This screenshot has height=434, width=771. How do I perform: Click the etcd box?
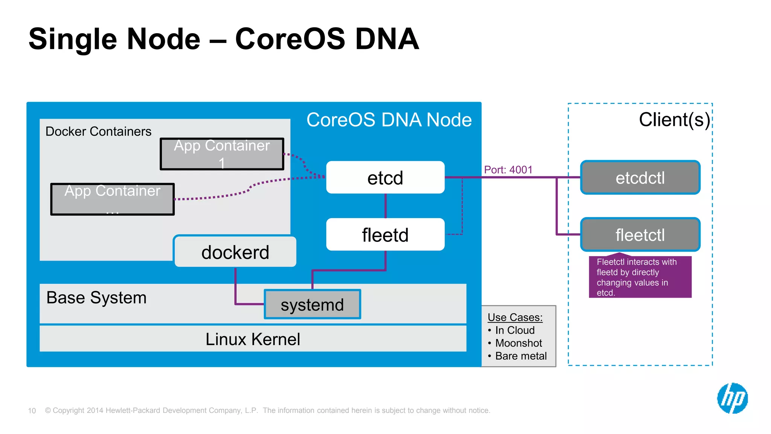click(x=385, y=177)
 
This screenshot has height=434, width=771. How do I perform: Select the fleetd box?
click(x=385, y=234)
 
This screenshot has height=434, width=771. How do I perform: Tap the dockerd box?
click(x=235, y=252)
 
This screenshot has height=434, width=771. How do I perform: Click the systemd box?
click(x=312, y=304)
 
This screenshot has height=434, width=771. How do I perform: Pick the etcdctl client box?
click(x=640, y=177)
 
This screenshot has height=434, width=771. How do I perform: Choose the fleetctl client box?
click(x=640, y=234)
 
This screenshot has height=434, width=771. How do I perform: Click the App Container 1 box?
click(x=222, y=154)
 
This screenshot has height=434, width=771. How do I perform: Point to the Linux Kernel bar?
click(x=253, y=339)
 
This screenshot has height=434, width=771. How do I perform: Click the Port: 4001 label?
click(x=508, y=170)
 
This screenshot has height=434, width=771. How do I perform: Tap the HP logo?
click(x=732, y=398)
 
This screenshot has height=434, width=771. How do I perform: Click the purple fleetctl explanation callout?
click(x=640, y=277)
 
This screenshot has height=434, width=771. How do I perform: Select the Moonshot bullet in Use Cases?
click(x=518, y=343)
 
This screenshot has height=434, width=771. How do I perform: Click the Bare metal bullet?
click(x=521, y=356)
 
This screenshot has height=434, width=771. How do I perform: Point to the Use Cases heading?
click(x=515, y=317)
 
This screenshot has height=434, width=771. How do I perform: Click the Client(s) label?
click(x=674, y=119)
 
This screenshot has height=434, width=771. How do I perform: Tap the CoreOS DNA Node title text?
click(x=389, y=120)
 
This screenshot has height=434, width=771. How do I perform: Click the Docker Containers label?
click(x=98, y=131)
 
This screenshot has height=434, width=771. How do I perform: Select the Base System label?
click(x=96, y=297)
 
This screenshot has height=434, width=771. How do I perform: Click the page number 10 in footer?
click(x=32, y=411)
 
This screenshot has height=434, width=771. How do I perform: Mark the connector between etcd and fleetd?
click(x=385, y=206)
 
